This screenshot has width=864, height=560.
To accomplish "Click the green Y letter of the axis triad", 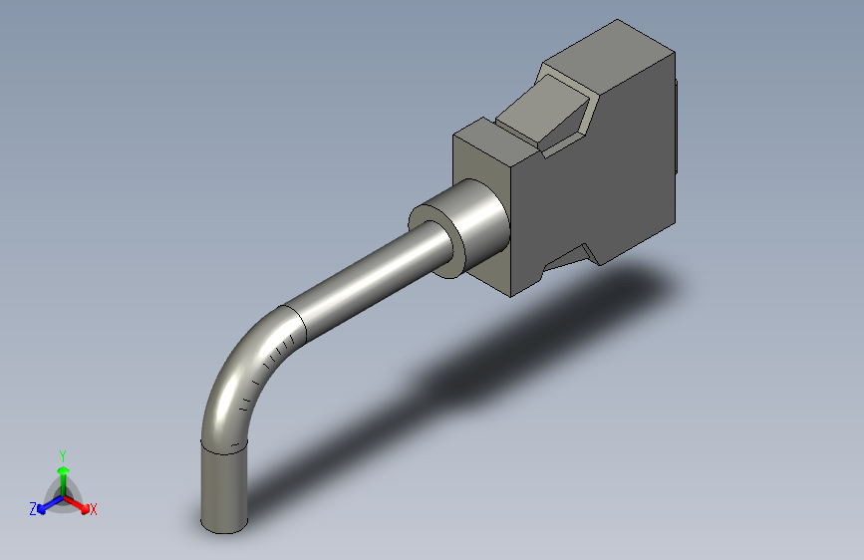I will tap(63, 454).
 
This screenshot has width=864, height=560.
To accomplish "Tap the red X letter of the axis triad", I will tap(94, 509).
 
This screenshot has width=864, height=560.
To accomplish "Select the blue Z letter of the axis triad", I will tap(33, 508).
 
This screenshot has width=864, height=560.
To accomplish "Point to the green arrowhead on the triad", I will tap(63, 468).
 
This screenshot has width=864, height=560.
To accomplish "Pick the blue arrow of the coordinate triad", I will tap(46, 504).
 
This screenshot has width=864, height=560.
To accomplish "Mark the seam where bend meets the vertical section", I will tap(223, 446).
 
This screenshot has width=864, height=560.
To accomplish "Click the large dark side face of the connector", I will tap(598, 189).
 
